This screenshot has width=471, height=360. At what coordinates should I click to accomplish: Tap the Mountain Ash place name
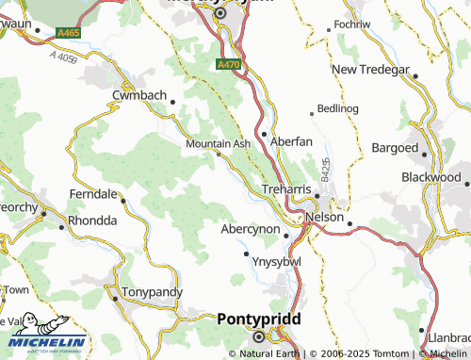click(218, 143)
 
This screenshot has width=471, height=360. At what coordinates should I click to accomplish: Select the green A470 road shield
click(227, 65)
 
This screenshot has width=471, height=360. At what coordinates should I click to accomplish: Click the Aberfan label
click(291, 141)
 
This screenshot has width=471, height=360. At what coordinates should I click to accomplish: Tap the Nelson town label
click(324, 216)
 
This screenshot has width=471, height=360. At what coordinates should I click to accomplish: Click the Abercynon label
click(251, 228)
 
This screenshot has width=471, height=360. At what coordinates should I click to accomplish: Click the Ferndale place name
click(93, 194)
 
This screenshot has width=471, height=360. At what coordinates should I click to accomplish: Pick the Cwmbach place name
click(139, 96)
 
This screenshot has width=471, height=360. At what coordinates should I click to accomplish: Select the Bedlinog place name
click(338, 109)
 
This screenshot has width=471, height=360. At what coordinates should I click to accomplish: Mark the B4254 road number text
click(325, 171)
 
